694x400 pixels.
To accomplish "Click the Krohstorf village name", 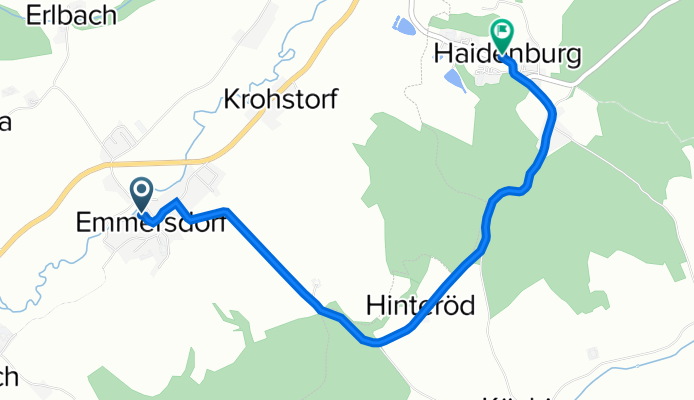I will [281, 99].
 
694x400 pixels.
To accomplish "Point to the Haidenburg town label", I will [507, 56].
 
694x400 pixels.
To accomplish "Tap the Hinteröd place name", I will [420, 304].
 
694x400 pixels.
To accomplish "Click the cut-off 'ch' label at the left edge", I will [8, 377].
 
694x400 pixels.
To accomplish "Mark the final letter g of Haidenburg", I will [572, 58].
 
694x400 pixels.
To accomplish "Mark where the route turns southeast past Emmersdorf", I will [229, 211].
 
